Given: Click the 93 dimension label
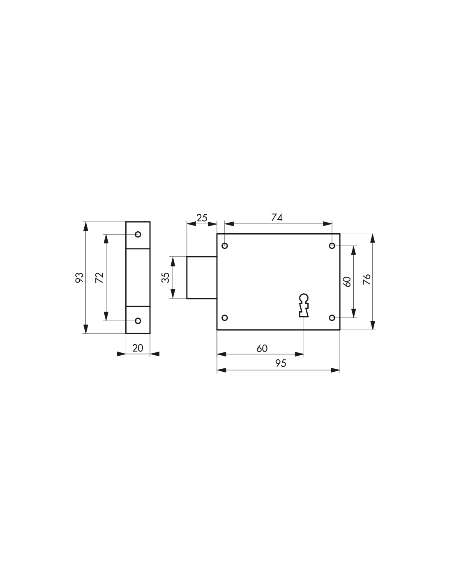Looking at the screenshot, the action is (79, 278).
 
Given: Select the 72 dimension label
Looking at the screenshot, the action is (99, 278).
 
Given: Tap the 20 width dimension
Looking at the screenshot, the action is (138, 348).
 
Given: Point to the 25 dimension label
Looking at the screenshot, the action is (202, 218).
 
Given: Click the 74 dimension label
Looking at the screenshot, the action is (277, 217).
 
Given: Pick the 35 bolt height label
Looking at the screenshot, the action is (166, 278).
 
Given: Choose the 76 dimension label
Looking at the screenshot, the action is (367, 280).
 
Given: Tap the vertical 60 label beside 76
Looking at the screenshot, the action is (347, 282).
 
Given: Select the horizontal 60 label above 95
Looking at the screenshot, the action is (262, 348).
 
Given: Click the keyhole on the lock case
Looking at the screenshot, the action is (304, 305).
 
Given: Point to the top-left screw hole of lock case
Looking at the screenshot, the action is (225, 246).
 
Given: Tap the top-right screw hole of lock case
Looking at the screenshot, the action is (332, 246).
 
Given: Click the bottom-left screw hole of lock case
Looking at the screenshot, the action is (225, 317).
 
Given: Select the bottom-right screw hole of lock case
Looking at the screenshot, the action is (332, 318).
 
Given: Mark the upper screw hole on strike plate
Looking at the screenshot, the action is (138, 235).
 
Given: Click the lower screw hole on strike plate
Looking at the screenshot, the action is (138, 321).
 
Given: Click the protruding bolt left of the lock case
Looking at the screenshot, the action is (202, 278).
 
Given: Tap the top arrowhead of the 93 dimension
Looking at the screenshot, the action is (86, 226).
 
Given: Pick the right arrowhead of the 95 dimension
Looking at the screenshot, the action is (335, 370).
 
